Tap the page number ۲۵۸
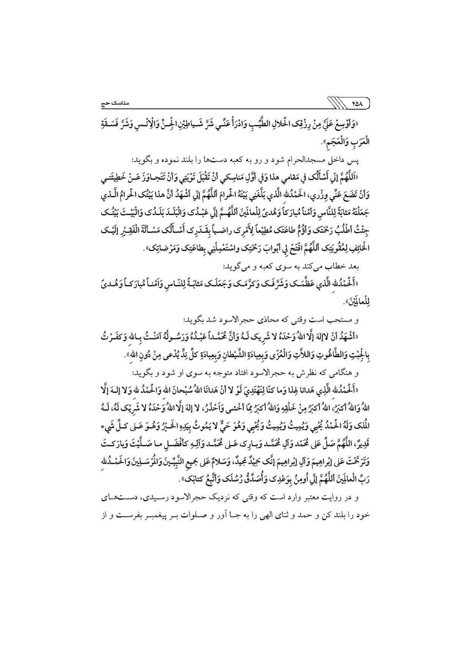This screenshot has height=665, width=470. (x=357, y=103)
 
